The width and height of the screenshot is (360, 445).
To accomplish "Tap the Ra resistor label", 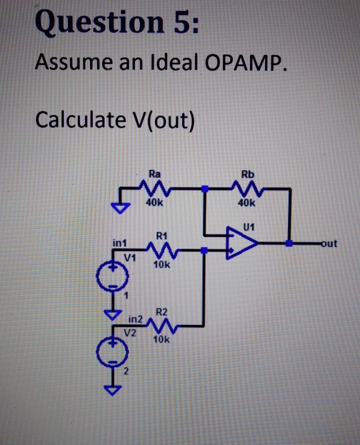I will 154,173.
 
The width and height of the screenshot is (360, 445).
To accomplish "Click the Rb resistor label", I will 247,173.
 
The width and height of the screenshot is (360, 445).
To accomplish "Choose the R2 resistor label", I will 162,312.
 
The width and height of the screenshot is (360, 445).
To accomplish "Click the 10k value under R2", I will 161,339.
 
